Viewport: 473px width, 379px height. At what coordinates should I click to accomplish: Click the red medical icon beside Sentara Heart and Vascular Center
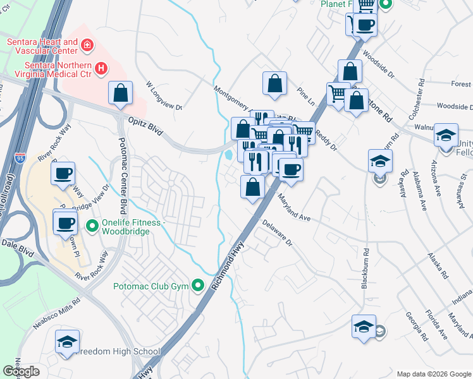87,45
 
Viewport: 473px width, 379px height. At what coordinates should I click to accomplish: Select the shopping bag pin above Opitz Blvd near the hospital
120,94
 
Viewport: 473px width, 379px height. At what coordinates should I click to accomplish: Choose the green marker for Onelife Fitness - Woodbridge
92,224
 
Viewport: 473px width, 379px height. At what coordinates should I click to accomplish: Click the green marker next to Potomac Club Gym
199,286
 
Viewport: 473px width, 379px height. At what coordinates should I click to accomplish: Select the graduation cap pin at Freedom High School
68,342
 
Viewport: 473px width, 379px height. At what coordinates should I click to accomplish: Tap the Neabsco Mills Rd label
59,302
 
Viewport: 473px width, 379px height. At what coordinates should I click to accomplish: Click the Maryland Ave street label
295,208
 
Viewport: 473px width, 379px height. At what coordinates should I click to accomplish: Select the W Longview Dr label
163,95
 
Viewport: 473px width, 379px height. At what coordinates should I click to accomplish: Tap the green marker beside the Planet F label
386,5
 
